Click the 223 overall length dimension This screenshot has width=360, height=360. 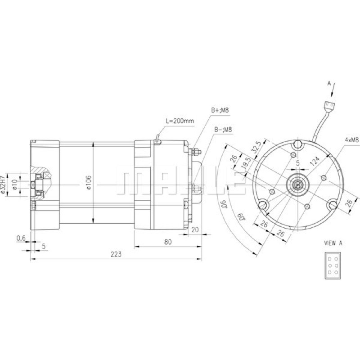click(x=116, y=254)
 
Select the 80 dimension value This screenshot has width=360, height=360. click(x=168, y=242)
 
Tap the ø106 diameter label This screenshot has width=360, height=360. click(x=89, y=183)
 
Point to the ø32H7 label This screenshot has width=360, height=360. click(x=3, y=185)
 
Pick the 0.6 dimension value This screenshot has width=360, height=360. click(x=21, y=238)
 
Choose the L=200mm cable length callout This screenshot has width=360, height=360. click(x=180, y=121)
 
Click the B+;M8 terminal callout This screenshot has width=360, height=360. click(x=220, y=110)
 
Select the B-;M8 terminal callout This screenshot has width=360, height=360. click(x=223, y=130)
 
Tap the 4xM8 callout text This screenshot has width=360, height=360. click(x=351, y=140)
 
